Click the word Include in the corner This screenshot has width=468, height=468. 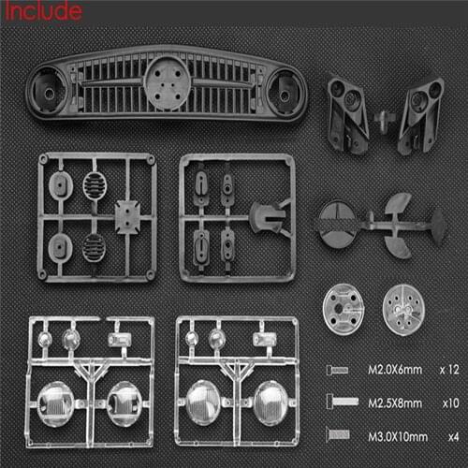coord(41,11)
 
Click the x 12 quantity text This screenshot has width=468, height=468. coord(449,370)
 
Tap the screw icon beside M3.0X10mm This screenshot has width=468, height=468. coord(339,433)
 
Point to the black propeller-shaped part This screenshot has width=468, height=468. coord(398,221)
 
